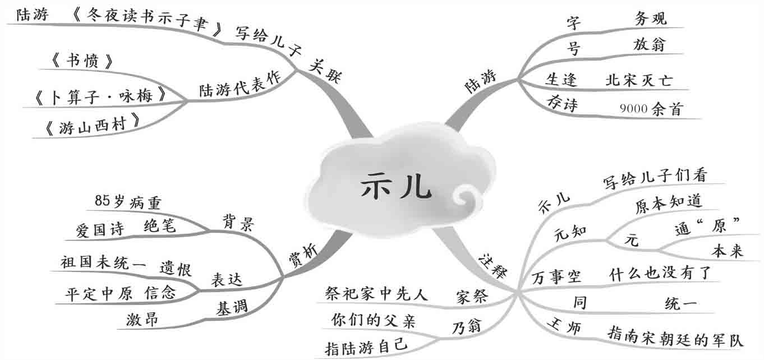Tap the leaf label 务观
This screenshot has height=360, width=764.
coord(651,19)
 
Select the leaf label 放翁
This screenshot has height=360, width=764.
coord(649,44)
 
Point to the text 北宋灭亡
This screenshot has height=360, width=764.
coord(638,80)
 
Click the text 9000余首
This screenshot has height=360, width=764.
coord(651,109)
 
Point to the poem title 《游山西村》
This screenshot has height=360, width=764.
coord(92,128)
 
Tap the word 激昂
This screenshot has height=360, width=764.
coord(142,320)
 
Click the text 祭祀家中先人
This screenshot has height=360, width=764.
coord(376,293)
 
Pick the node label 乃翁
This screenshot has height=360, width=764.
coord(467,326)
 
